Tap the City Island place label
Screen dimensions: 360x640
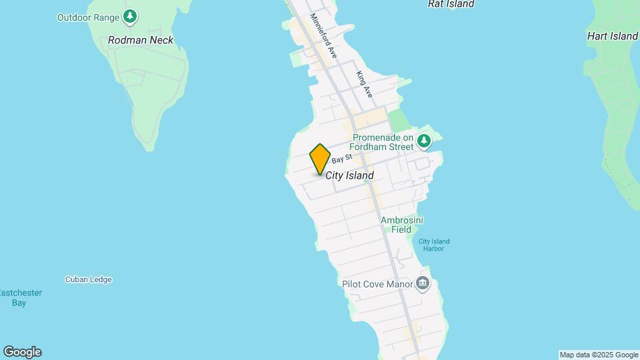click(349, 175)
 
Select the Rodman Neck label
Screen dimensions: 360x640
click(141, 40)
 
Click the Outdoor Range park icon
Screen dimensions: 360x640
click(131, 17)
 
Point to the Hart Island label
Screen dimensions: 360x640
click(612, 36)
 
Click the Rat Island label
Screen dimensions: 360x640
click(451, 4)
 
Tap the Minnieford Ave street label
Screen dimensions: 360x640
click(324, 38)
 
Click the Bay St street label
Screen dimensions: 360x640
click(341, 159)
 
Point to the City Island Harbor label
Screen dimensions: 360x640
click(434, 245)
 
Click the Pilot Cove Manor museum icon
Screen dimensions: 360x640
click(422, 283)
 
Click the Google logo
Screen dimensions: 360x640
click(21, 351)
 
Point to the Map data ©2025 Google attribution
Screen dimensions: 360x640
click(598, 355)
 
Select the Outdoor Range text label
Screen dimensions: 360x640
click(88, 17)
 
